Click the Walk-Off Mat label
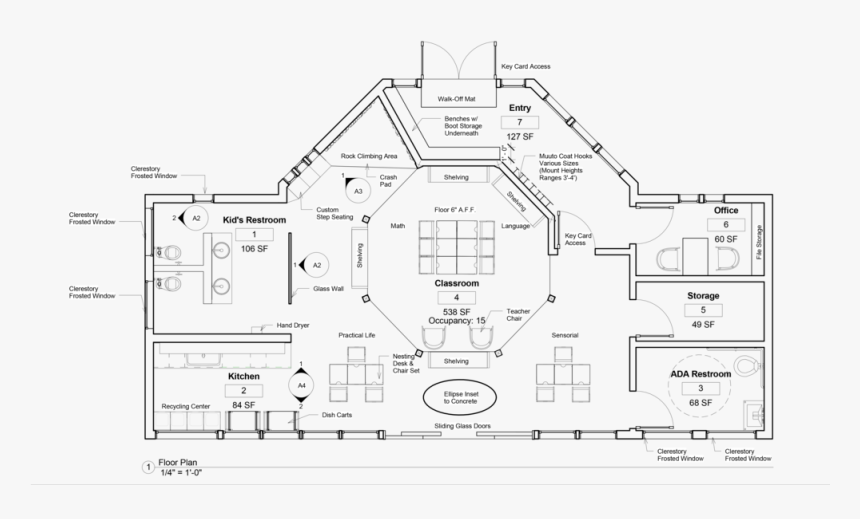[x=457, y=99]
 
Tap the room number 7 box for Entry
[x=519, y=122]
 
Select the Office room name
[x=725, y=211]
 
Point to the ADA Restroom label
[x=700, y=374]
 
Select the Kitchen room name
[x=244, y=376]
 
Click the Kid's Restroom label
[x=254, y=219]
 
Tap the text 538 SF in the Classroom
[x=456, y=310]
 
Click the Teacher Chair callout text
[x=519, y=315]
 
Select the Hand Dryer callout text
[x=293, y=325]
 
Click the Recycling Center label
[x=185, y=407]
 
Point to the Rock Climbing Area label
[x=369, y=156]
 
